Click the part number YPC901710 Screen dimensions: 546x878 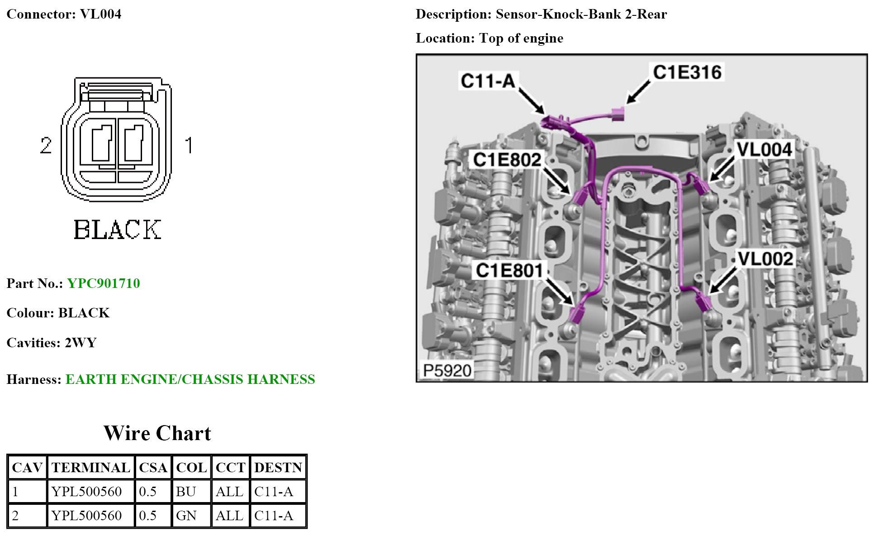pyautogui.click(x=104, y=283)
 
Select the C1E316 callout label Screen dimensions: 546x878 pyautogui.click(x=687, y=72)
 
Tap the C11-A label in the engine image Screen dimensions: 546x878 pyautogui.click(x=488, y=81)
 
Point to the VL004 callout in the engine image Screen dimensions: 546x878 pyautogui.click(x=764, y=150)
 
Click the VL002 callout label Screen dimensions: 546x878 pyautogui.click(x=765, y=259)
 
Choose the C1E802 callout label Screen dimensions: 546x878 pyautogui.click(x=507, y=160)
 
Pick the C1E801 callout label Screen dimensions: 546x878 pyautogui.click(x=509, y=271)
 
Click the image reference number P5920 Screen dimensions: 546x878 pyautogui.click(x=447, y=371)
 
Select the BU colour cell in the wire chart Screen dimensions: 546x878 pyautogui.click(x=186, y=492)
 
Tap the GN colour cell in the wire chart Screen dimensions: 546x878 pyautogui.click(x=186, y=516)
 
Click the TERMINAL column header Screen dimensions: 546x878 pyautogui.click(x=91, y=468)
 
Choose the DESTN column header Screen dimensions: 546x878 pyautogui.click(x=278, y=468)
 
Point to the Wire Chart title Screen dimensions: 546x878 pyautogui.click(x=157, y=433)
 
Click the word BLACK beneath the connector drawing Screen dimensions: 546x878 pyautogui.click(x=117, y=230)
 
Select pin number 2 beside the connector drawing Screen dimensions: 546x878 pyautogui.click(x=46, y=145)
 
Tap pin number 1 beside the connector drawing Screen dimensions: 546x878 pyautogui.click(x=189, y=145)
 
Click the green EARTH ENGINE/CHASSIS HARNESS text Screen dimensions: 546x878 pyautogui.click(x=190, y=379)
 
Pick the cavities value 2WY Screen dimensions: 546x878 pyautogui.click(x=81, y=343)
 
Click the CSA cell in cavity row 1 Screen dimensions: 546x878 pyautogui.click(x=148, y=492)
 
